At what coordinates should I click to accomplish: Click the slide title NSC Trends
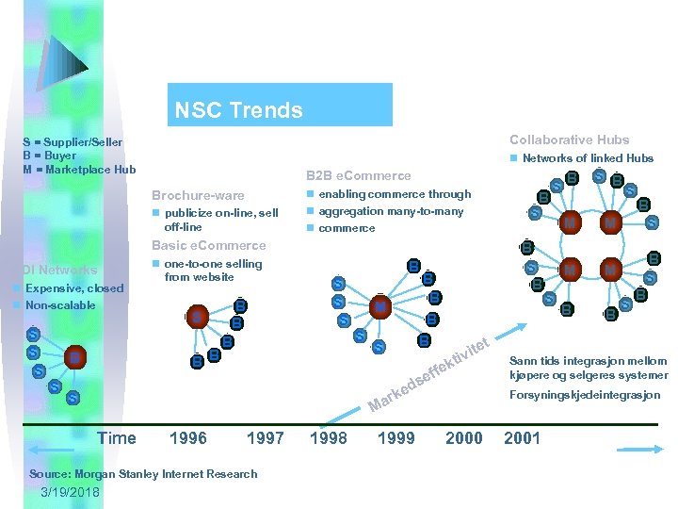coord(238,110)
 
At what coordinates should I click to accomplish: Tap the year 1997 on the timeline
coord(265,437)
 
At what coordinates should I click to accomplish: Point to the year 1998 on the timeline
coord(328,437)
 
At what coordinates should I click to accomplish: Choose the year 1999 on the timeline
coord(395,437)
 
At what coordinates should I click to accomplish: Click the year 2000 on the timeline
coord(463,437)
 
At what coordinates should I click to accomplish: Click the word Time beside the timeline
coord(117,437)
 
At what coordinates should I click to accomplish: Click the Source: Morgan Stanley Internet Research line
coord(143,473)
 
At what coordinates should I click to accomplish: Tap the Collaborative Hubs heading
coord(569,140)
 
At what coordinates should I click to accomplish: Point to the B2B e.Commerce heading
coord(358,175)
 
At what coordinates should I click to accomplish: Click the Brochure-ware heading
coord(198,195)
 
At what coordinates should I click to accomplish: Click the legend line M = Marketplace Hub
coord(80,170)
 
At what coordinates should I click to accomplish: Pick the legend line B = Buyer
coord(50,156)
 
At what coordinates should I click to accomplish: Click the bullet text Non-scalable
coord(60,305)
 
